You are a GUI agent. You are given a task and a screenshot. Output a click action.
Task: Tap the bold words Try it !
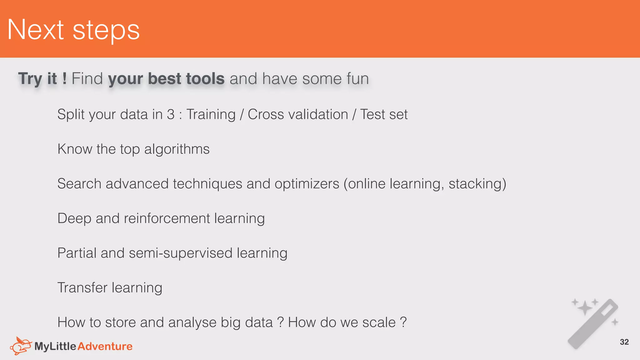tap(42, 78)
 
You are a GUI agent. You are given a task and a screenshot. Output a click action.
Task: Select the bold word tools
tap(205, 78)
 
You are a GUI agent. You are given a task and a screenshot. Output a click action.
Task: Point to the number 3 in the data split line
tap(171, 114)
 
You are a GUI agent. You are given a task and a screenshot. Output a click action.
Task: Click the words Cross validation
tap(298, 114)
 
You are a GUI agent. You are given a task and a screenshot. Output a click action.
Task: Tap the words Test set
tap(384, 114)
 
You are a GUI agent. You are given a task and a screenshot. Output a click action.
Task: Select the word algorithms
tap(177, 149)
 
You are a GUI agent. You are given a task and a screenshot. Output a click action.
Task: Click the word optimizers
tap(307, 184)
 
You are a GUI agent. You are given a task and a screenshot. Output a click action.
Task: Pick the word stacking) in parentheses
tap(477, 184)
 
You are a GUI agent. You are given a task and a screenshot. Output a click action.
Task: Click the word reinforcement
tap(167, 218)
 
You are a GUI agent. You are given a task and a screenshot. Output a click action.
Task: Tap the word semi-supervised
tap(181, 253)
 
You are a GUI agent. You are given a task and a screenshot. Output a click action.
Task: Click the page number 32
tap(624, 342)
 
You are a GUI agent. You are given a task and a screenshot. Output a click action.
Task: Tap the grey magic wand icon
tap(592, 323)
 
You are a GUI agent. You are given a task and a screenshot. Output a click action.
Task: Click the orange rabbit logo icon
tap(21, 346)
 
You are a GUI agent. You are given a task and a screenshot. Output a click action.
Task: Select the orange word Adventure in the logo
tap(105, 346)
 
